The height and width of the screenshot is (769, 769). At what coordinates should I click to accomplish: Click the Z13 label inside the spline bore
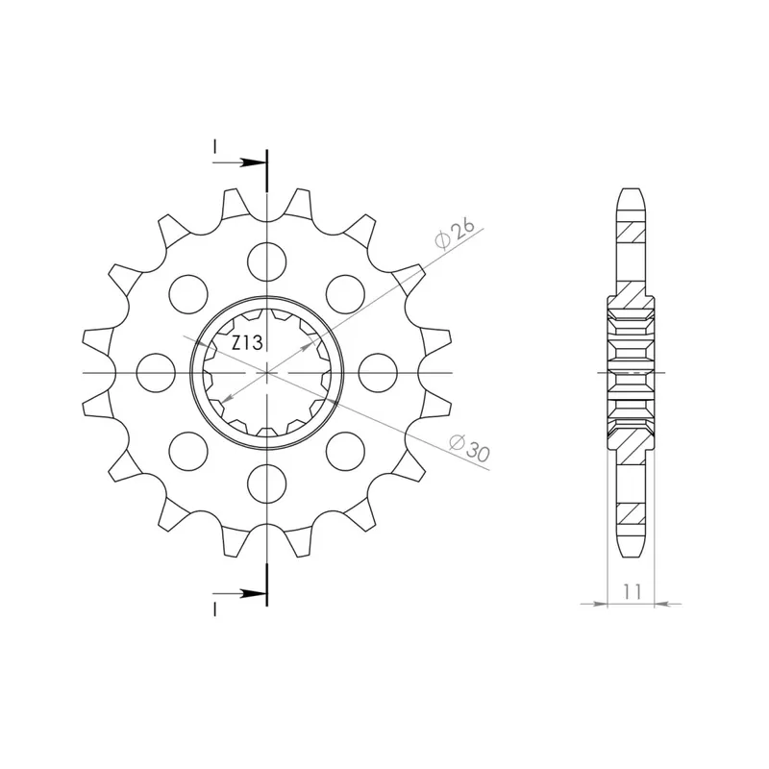pyautogui.click(x=247, y=343)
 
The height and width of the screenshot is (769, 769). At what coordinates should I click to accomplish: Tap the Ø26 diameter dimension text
pyautogui.click(x=455, y=234)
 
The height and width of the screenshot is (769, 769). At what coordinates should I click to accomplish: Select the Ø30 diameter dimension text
pyautogui.click(x=470, y=448)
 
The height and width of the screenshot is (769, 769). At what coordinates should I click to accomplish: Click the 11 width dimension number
pyautogui.click(x=633, y=591)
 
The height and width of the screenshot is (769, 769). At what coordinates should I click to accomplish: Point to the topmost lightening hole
pyautogui.click(x=267, y=261)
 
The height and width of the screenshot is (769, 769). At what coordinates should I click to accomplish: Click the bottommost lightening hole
pyautogui.click(x=267, y=484)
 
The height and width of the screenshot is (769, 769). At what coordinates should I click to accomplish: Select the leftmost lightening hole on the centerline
pyautogui.click(x=156, y=373)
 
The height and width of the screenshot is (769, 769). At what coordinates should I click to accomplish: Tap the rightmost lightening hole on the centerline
pyautogui.click(x=378, y=373)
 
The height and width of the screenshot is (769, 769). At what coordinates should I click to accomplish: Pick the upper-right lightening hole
pyautogui.click(x=345, y=294)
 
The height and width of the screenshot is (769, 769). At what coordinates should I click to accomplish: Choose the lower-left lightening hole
pyautogui.click(x=188, y=451)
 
